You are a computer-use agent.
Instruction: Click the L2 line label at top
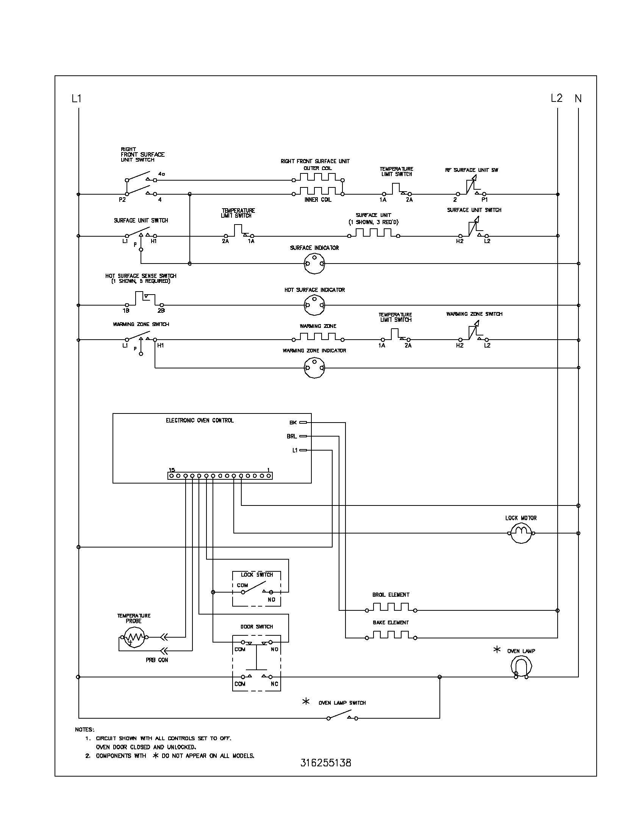tap(556, 98)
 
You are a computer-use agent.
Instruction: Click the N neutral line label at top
tap(578, 98)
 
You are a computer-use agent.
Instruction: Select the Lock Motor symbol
tap(521, 533)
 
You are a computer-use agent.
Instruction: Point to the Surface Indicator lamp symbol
tap(314, 264)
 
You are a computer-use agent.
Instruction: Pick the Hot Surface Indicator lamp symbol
tap(314, 305)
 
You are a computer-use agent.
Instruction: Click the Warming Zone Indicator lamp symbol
tap(314, 368)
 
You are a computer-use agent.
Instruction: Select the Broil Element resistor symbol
tap(391, 607)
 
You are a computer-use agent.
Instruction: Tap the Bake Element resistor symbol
tap(391, 635)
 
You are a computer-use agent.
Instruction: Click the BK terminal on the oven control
tap(303, 422)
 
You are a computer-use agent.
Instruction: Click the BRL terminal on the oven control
tap(303, 436)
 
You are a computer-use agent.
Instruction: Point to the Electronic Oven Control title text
tap(200, 420)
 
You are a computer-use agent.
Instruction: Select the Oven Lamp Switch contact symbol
tap(342, 718)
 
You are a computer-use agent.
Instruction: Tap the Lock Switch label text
tap(257, 575)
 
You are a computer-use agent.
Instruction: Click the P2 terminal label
tap(122, 200)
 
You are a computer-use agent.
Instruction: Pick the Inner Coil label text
tap(318, 200)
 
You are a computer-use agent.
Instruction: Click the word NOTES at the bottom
tap(84, 730)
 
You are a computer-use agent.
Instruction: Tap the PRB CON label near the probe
tap(156, 660)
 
